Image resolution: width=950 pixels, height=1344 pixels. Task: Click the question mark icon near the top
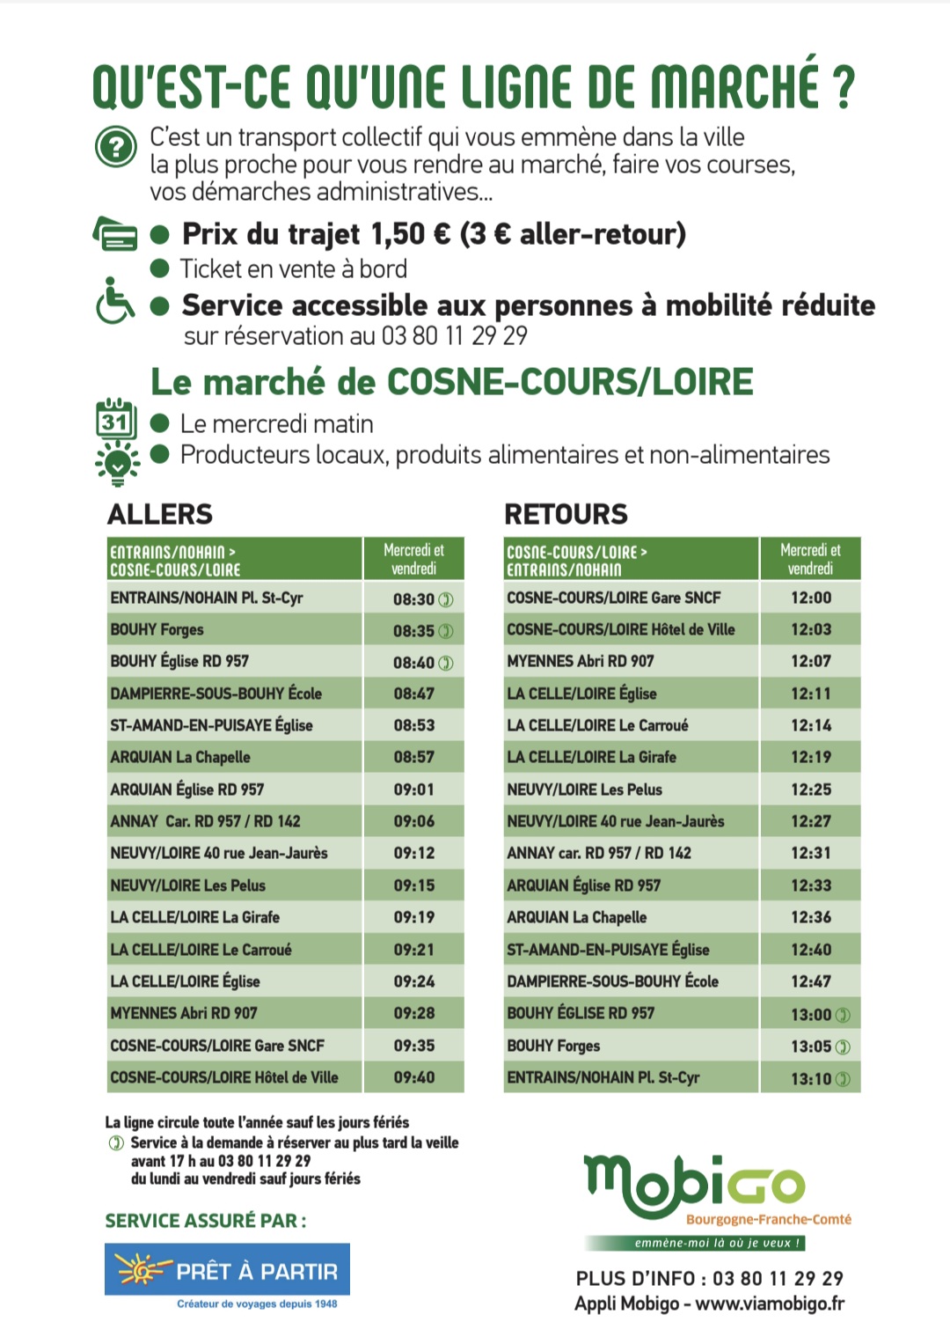click(x=116, y=147)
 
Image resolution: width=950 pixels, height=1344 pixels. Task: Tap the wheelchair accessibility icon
click(x=115, y=301)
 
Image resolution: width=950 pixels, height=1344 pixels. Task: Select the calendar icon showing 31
click(x=115, y=420)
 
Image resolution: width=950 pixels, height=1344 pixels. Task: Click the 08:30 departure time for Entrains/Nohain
click(x=414, y=599)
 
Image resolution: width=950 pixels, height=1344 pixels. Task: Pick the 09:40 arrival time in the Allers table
click(x=414, y=1077)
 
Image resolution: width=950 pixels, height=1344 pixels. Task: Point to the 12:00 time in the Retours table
click(x=810, y=598)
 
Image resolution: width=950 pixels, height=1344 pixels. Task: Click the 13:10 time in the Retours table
click(x=811, y=1078)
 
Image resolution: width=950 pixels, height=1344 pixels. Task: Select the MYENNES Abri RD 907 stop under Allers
click(x=184, y=1013)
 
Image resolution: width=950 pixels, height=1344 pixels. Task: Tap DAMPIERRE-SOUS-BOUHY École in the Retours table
click(x=612, y=981)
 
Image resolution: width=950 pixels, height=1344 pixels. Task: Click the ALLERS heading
click(x=160, y=514)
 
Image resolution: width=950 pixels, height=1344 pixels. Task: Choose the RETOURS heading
click(x=566, y=514)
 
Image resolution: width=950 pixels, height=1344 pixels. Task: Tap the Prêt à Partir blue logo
click(x=227, y=1270)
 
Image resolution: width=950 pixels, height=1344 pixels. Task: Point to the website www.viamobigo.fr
click(x=770, y=1304)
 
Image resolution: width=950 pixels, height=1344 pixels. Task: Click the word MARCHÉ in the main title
click(x=734, y=86)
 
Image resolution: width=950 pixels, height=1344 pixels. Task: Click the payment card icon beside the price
click(x=115, y=233)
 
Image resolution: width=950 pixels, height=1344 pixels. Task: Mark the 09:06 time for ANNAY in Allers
click(x=414, y=821)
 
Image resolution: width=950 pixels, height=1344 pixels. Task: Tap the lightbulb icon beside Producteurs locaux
click(x=116, y=462)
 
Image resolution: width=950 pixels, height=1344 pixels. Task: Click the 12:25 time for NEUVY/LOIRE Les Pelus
click(x=810, y=790)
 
